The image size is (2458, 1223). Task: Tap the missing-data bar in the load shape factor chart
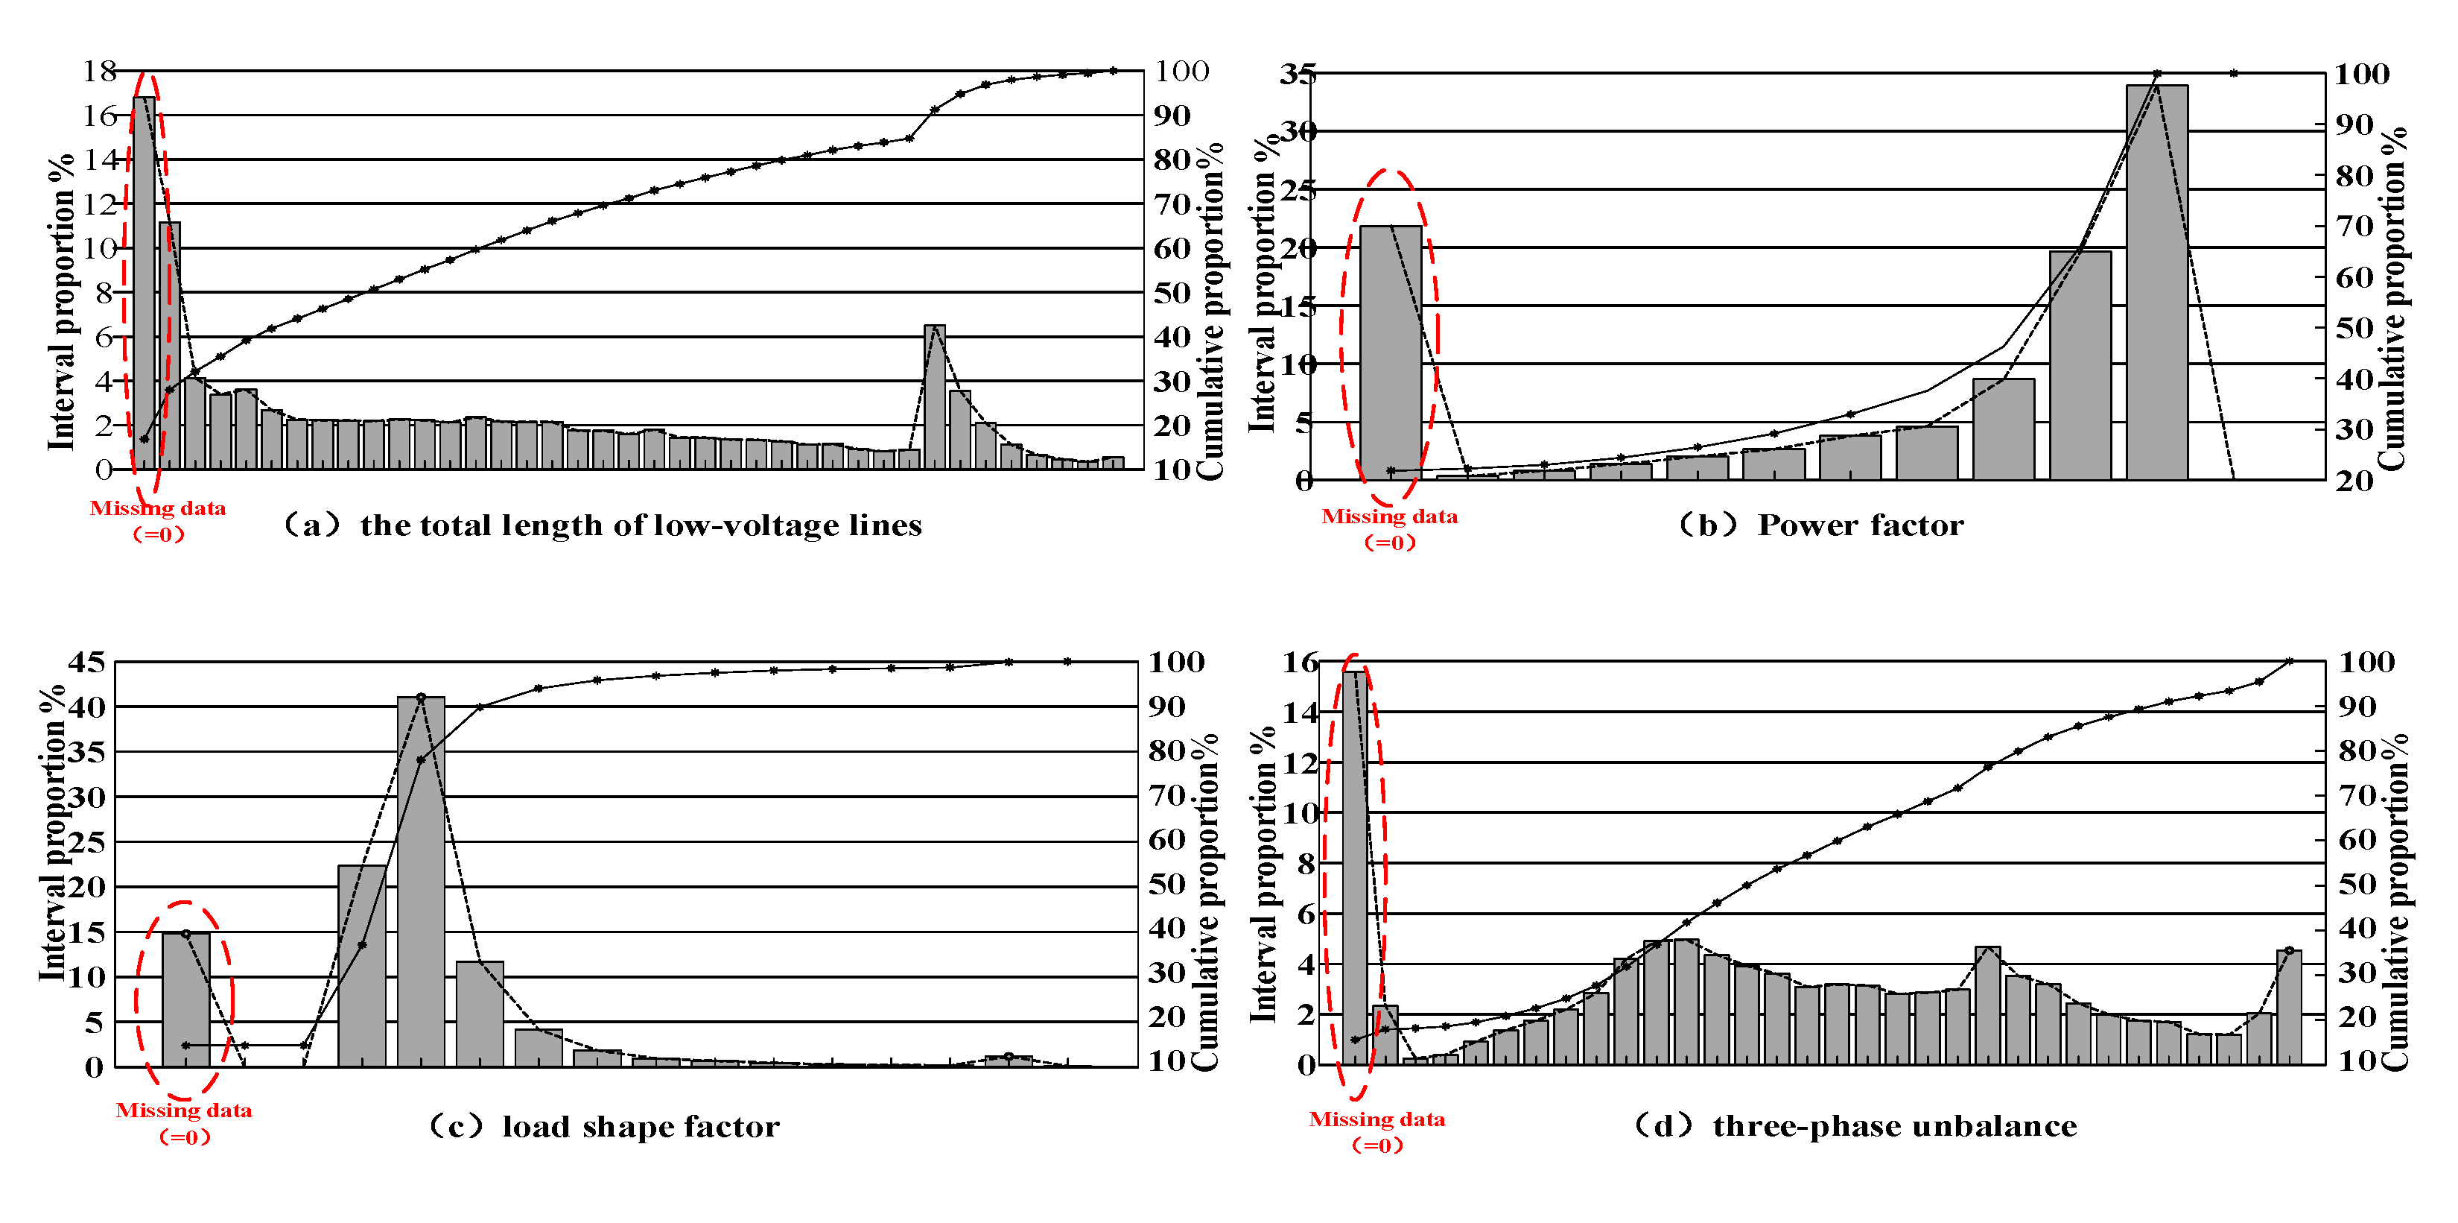pyautogui.click(x=186, y=999)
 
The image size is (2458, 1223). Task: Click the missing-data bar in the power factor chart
pyautogui.click(x=1390, y=353)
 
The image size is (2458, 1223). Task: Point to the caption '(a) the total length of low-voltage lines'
pyautogui.click(x=603, y=525)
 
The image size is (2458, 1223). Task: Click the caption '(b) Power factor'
pyautogui.click(x=1820, y=525)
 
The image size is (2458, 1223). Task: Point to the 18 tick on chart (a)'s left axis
pyautogui.click(x=99, y=71)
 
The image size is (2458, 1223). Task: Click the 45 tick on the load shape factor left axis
pyautogui.click(x=87, y=662)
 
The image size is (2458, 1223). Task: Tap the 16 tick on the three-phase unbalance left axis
pyautogui.click(x=1301, y=662)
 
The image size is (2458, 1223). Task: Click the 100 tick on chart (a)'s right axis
pyautogui.click(x=1181, y=71)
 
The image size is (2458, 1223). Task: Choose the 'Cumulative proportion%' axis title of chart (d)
pyautogui.click(x=2394, y=903)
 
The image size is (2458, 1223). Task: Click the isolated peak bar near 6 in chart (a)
pyautogui.click(x=934, y=396)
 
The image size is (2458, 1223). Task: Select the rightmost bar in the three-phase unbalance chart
pyautogui.click(x=2288, y=1006)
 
